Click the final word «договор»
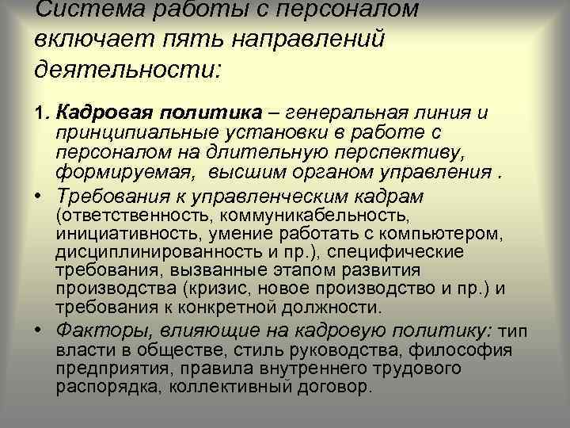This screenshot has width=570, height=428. tap(330, 388)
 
